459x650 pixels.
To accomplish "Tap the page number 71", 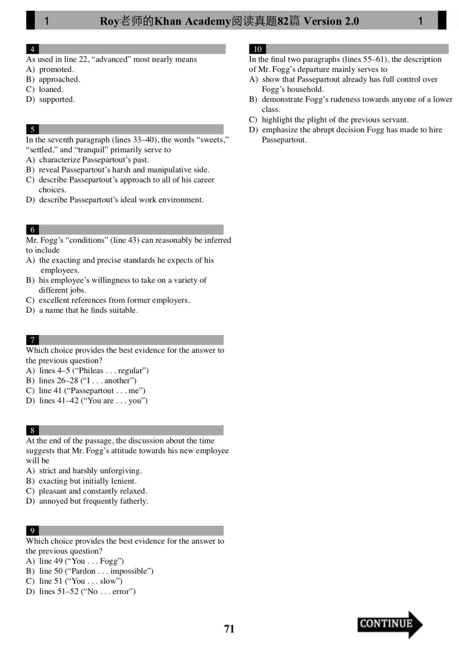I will pos(229,629).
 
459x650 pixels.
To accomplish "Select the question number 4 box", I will pos(32,49).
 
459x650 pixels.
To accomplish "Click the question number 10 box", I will pos(258,49).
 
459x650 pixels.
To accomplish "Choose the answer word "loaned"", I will pos(50,89).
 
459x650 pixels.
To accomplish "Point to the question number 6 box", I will pos(32,230).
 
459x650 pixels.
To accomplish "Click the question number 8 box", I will pos(32,430).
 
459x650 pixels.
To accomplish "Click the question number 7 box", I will pos(32,340).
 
